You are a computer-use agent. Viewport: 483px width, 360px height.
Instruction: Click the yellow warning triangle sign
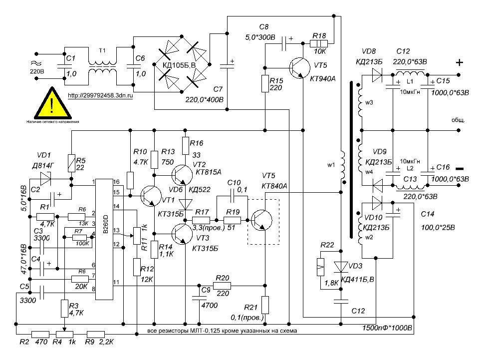[x=52, y=104]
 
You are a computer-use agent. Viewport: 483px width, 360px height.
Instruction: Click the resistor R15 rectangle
[x=265, y=84]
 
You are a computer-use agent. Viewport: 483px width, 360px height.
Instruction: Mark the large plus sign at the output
[x=460, y=63]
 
